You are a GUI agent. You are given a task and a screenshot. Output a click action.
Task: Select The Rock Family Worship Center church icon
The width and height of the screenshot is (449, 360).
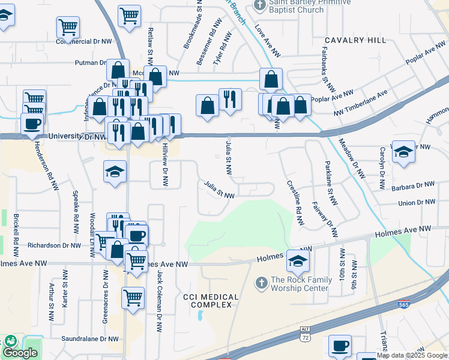(261, 282)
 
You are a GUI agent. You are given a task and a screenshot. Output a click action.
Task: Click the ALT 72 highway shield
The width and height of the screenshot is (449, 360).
(305, 334)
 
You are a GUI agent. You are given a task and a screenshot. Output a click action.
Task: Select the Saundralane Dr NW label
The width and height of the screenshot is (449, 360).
(89, 339)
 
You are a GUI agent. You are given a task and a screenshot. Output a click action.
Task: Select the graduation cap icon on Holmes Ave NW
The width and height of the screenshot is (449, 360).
(297, 260)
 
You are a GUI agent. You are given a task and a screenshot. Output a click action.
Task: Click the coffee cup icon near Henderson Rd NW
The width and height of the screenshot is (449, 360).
(32, 124)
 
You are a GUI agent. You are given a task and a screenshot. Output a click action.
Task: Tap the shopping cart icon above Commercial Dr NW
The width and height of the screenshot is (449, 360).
(68, 26)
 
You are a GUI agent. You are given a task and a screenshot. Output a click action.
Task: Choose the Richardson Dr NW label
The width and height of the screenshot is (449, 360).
(53, 245)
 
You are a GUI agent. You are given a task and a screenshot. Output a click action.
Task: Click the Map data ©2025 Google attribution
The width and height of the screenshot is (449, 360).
(412, 355)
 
